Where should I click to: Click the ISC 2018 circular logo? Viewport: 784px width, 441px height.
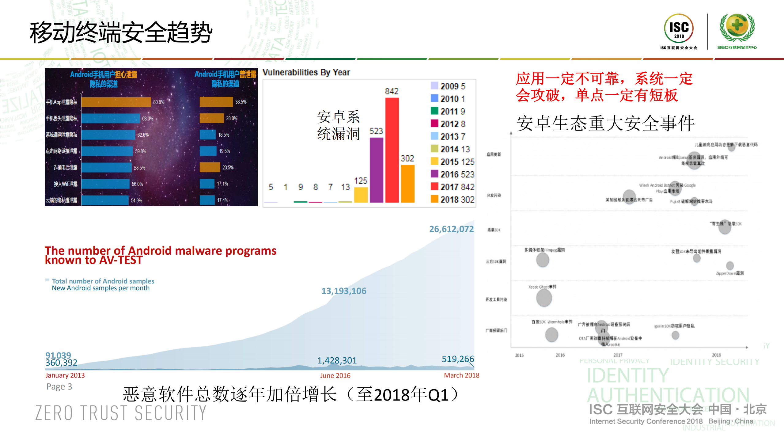pos(679,29)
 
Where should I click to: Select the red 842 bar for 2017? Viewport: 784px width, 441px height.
pos(392,150)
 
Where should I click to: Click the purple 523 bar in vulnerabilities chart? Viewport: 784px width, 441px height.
pos(376,170)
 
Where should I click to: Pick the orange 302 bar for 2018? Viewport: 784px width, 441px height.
pos(407,184)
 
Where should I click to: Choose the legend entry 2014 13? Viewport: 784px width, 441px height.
pos(450,149)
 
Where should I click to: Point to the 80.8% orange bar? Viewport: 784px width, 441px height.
pos(116,102)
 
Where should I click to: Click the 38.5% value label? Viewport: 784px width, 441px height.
pos(241,102)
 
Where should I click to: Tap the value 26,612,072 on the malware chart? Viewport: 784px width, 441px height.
pos(451,229)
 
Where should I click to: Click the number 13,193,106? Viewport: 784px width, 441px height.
pos(344,291)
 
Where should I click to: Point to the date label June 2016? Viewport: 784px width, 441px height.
pos(335,375)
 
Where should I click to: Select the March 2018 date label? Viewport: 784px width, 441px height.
pos(461,375)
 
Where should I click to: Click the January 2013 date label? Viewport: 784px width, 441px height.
pos(65,375)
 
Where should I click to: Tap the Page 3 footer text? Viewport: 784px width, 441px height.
pos(59,386)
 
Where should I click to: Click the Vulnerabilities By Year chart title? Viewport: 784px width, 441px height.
pos(306,72)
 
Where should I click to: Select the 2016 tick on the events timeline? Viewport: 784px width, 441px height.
pos(560,355)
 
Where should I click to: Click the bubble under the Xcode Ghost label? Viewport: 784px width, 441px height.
pos(544,298)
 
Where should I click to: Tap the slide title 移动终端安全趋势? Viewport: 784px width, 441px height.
pos(121,32)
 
